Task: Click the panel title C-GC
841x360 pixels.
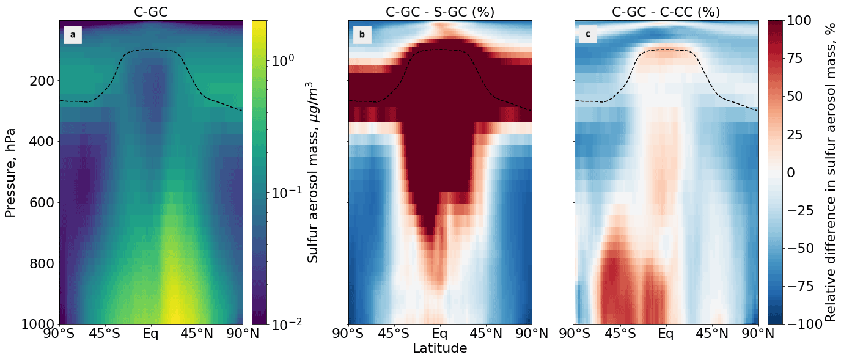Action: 151,12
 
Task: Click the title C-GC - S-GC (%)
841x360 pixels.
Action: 439,12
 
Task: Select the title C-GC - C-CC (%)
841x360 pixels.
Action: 666,12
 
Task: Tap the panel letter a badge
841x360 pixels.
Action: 73,35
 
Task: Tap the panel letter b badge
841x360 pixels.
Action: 362,35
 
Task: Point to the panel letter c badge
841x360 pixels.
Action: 588,35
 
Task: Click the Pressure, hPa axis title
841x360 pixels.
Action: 10,172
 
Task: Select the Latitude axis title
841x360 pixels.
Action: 439,349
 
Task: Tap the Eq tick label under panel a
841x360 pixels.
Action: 151,334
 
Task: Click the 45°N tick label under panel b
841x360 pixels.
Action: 486,334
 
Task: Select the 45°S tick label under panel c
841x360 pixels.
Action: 620,334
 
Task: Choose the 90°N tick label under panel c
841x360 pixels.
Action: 758,334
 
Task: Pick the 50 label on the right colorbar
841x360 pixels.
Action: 798,96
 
